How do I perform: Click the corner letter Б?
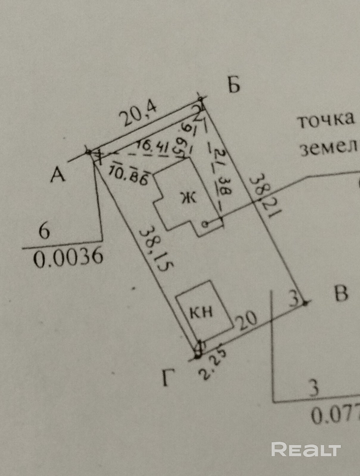234,85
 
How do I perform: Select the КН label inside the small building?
201,312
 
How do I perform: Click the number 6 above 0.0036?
44,231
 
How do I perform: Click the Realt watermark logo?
306,450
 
